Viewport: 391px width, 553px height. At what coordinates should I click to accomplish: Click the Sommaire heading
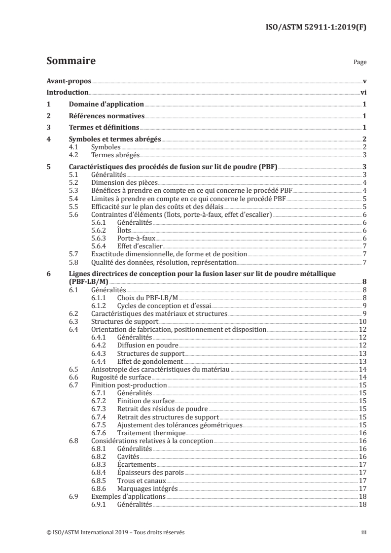[71, 62]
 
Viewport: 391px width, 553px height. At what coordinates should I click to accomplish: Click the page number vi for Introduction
[363, 92]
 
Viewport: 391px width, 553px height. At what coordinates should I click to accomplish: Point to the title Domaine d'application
[106, 104]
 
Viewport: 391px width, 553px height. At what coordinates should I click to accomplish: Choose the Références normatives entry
[107, 116]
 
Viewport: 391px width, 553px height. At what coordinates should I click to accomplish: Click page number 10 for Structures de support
[361, 321]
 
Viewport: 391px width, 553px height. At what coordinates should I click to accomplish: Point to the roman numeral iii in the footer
[363, 533]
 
